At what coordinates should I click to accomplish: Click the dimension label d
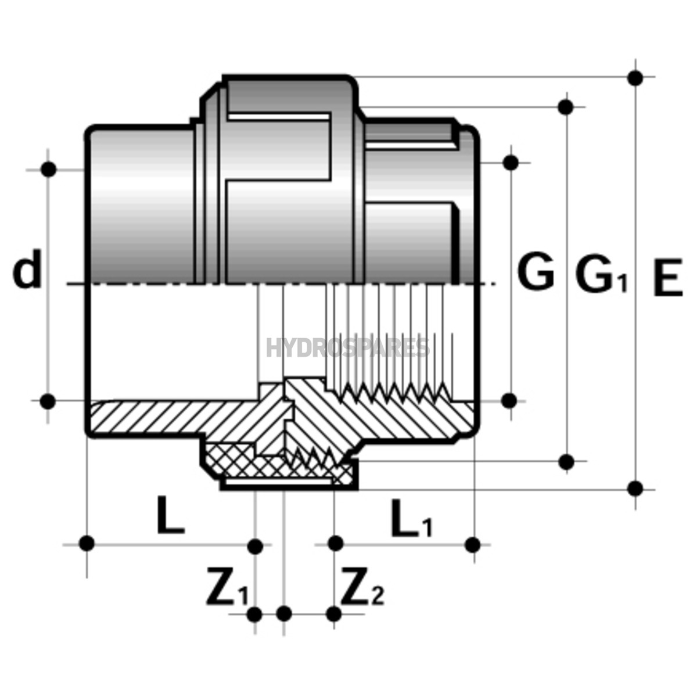27,270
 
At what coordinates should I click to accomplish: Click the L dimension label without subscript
171,515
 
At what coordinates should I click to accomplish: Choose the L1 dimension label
411,518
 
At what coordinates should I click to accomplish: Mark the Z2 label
362,586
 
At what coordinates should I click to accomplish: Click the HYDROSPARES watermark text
348,348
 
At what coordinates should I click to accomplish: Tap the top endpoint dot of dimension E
635,78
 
